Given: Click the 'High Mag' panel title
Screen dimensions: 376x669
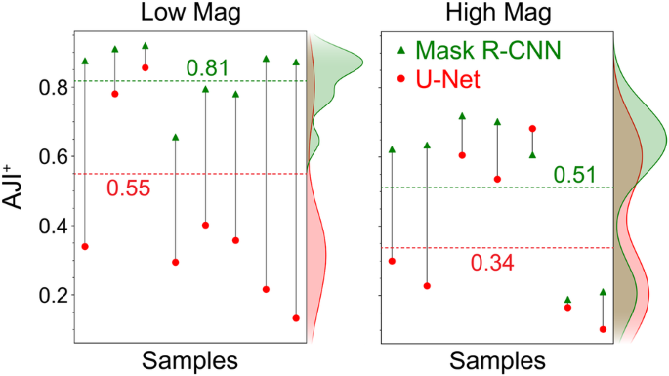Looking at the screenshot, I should [495, 14].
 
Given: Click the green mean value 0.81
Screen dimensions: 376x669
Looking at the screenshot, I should [208, 67].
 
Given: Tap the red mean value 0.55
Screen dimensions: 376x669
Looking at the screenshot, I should [127, 188].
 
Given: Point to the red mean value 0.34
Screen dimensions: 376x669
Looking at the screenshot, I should [491, 263].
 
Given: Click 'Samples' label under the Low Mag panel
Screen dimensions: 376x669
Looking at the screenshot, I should [189, 360].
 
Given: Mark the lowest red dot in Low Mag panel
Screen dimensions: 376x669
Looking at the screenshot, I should [296, 318].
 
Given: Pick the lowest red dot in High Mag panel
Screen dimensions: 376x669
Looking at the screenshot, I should [603, 329].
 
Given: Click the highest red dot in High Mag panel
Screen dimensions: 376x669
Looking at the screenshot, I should [532, 128].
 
